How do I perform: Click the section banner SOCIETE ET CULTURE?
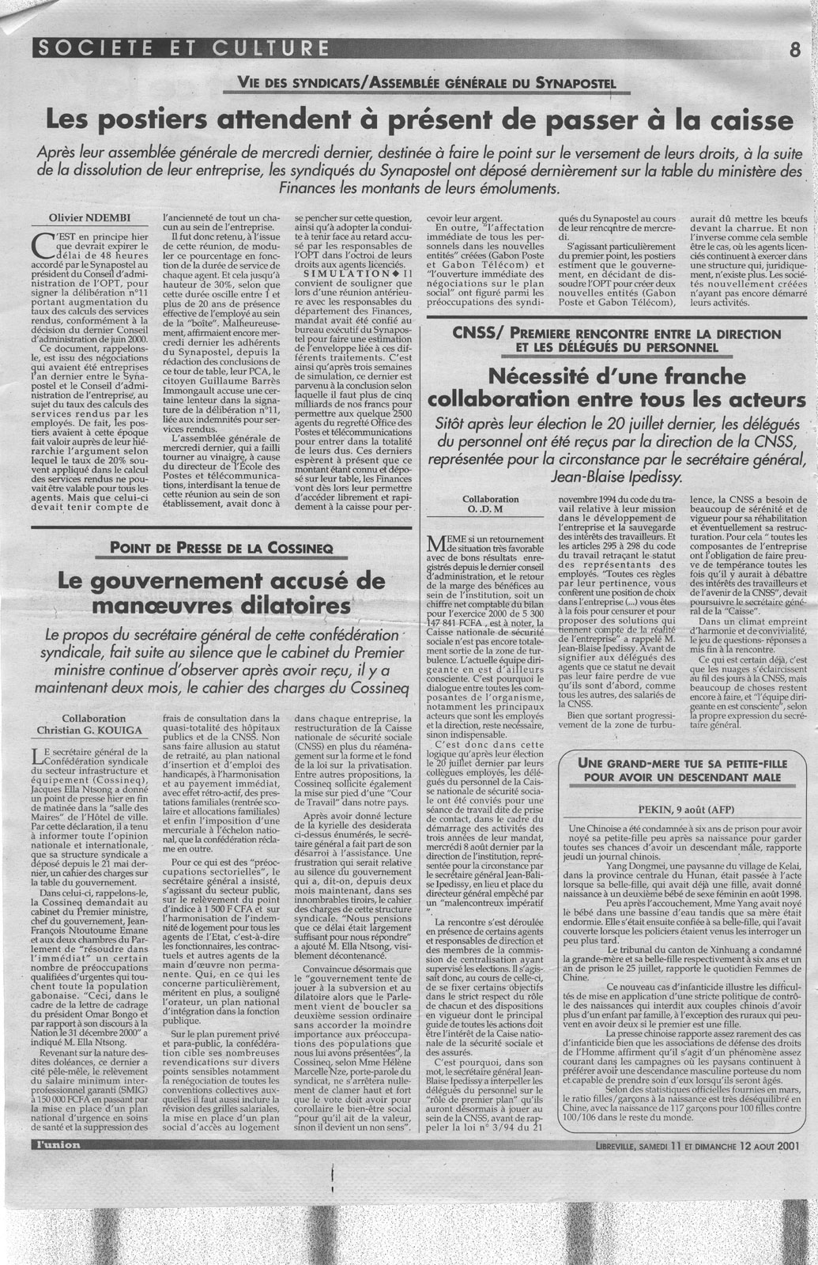coord(180,49)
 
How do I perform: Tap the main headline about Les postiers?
coord(418,121)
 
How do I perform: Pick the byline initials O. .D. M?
coord(491,511)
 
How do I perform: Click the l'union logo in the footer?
coord(53,1144)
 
